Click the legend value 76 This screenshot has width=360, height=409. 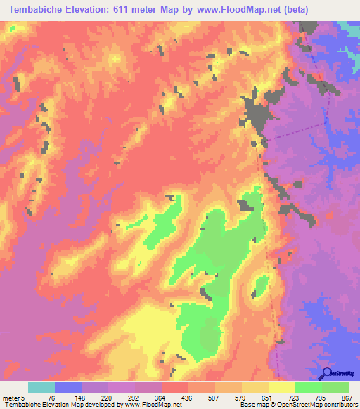(x=52, y=397)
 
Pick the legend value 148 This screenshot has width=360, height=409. (x=79, y=397)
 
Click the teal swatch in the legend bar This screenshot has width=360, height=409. (x=41, y=387)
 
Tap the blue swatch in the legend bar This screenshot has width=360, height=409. (x=68, y=387)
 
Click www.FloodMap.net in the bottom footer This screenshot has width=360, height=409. (x=150, y=405)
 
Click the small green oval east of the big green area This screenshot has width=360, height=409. (x=259, y=287)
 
